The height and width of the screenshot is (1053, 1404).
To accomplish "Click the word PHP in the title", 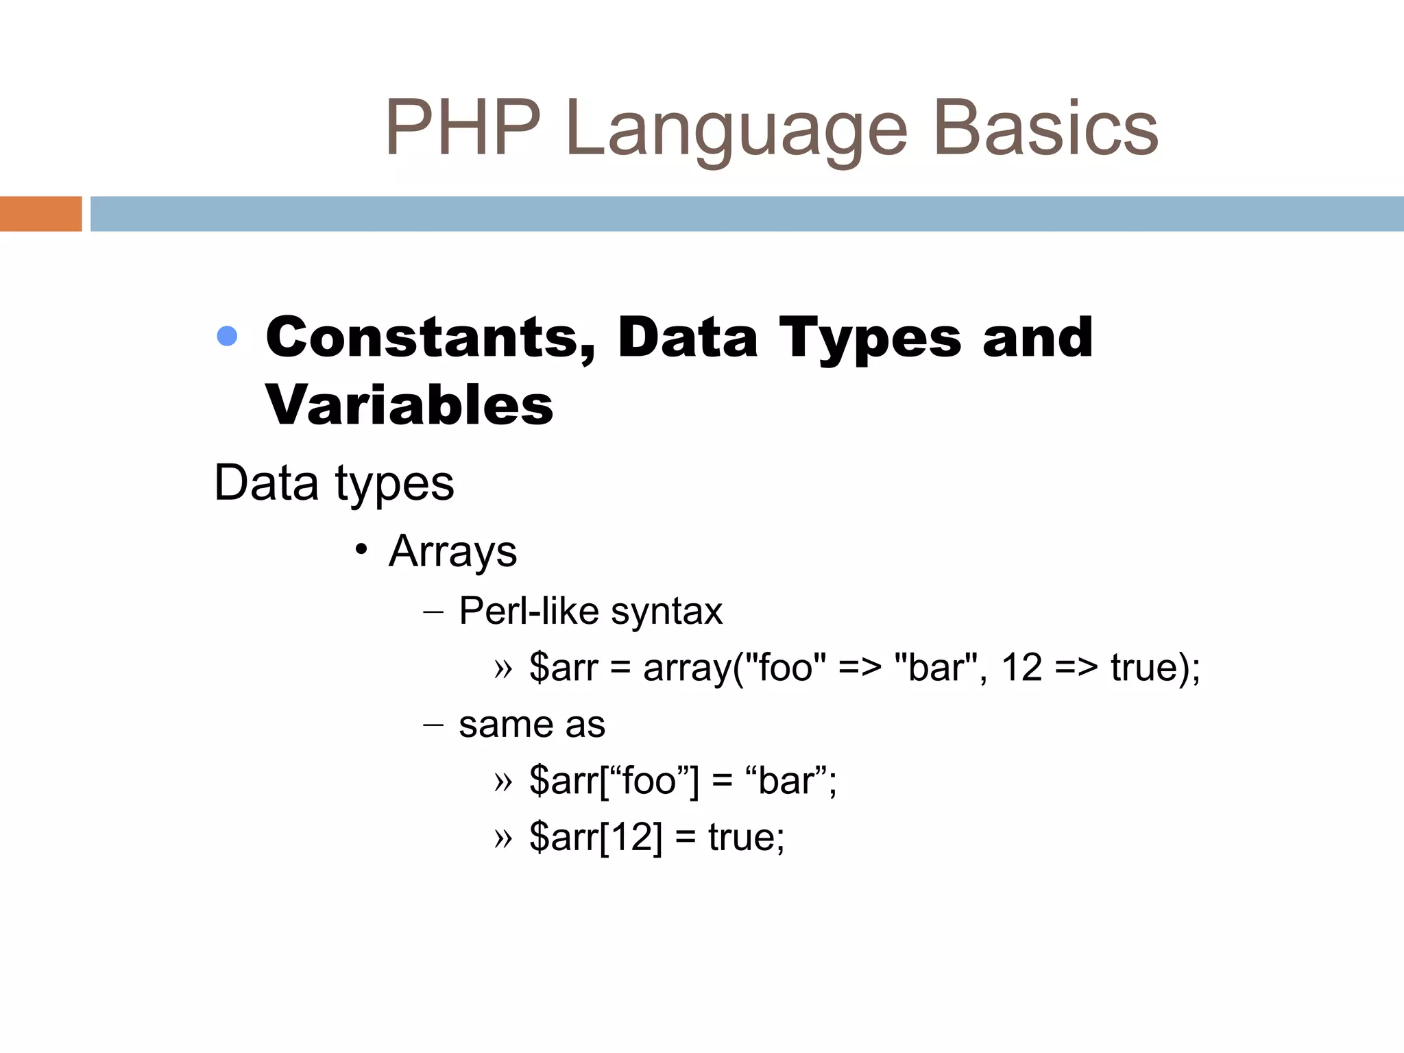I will click(463, 128).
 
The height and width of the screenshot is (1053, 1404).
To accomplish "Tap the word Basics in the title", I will click(1045, 128).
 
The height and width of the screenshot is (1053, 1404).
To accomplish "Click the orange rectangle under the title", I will click(40, 214).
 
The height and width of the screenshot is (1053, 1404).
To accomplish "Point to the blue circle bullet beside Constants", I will click(227, 336).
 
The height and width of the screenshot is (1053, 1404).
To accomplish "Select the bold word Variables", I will click(409, 404).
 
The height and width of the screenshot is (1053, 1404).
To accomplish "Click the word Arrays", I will click(452, 553).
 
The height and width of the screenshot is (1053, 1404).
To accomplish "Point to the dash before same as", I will click(434, 725).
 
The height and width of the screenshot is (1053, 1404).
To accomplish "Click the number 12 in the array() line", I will click(1021, 667).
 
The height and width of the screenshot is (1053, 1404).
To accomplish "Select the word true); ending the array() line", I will click(1155, 668).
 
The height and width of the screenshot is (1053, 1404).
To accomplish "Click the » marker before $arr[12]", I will click(503, 838).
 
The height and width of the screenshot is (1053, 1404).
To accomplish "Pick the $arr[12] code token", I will click(596, 838).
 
